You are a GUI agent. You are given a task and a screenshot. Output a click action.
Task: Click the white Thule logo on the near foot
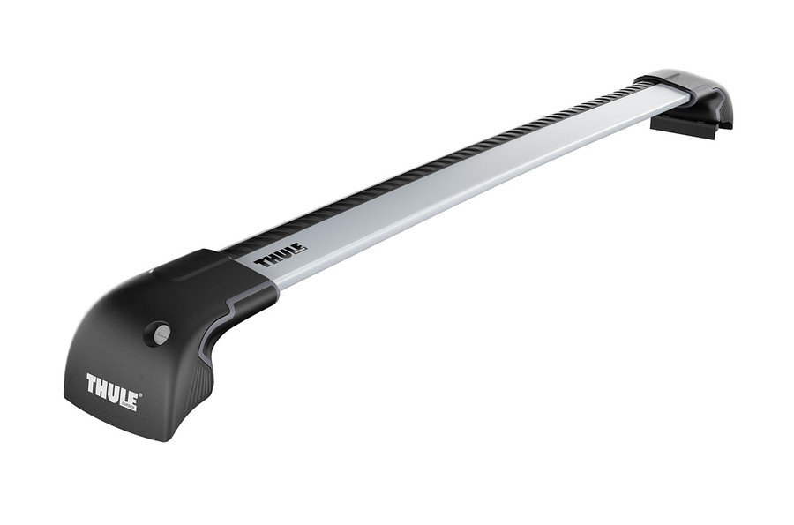point(111,389)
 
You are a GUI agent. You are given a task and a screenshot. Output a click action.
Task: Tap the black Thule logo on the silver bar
point(280,255)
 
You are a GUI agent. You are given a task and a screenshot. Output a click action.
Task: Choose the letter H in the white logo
point(102,386)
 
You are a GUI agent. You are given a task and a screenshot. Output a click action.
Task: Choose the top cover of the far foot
point(675,79)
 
